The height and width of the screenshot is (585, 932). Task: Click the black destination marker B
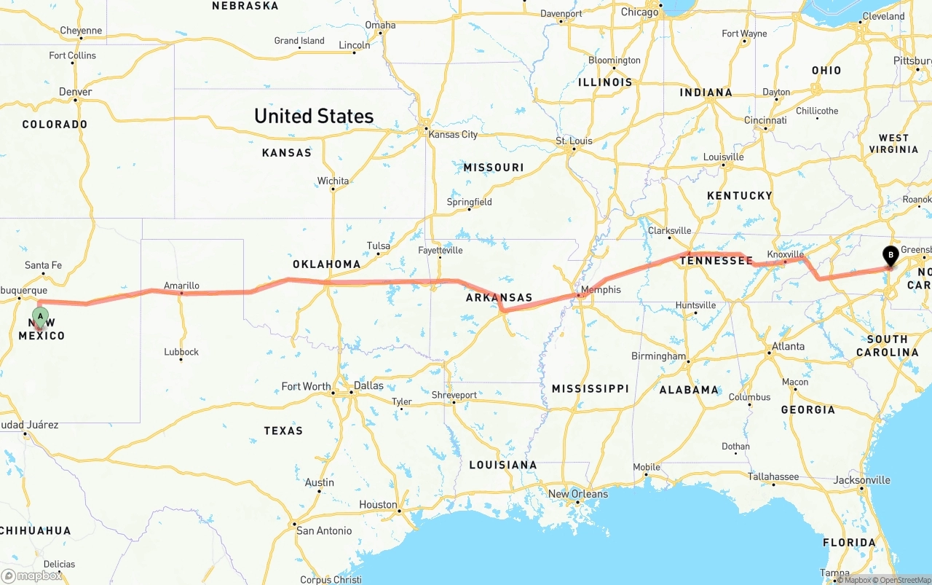[890, 256]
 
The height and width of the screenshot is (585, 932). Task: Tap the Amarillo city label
[181, 286]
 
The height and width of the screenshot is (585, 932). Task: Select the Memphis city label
[601, 289]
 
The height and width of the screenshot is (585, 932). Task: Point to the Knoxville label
[785, 254]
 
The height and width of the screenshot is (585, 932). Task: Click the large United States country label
[314, 116]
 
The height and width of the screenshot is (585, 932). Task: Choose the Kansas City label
[453, 134]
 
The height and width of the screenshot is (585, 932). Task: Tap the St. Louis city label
[574, 141]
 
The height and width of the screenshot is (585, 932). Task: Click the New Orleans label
[577, 494]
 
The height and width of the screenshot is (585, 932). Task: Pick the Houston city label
[378, 504]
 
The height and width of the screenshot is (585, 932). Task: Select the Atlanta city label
[788, 346]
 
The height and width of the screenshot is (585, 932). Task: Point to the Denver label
[76, 92]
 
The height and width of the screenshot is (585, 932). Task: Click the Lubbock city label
[181, 352]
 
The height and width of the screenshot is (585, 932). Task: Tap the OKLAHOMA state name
[326, 264]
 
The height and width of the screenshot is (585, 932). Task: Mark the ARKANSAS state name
[499, 298]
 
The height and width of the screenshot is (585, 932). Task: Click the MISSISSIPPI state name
[590, 388]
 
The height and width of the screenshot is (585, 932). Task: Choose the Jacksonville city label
[861, 480]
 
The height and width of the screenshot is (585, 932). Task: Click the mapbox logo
[32, 576]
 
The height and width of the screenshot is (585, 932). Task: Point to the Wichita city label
[333, 181]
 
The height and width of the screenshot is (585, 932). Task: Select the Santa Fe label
[43, 265]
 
